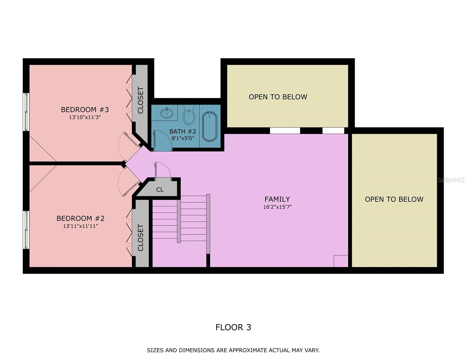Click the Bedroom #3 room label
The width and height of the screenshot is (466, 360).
tap(85, 109)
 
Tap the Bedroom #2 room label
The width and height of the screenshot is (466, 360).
tap(80, 218)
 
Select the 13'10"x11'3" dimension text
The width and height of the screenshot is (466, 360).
tap(85, 117)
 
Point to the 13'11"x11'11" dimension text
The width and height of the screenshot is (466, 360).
tap(80, 226)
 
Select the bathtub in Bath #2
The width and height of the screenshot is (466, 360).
tap(210, 126)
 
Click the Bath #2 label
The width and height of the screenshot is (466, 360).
tap(182, 131)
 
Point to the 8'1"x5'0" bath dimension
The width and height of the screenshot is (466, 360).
tap(183, 138)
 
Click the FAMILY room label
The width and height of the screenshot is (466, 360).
tap(277, 199)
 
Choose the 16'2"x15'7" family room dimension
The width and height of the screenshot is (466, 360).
tap(277, 207)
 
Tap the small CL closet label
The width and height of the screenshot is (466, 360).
tap(160, 190)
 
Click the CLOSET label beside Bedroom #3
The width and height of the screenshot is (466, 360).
tap(140, 100)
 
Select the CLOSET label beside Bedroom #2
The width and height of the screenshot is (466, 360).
tap(140, 237)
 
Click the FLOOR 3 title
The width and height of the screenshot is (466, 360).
tap(233, 327)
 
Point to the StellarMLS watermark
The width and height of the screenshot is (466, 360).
tap(451, 180)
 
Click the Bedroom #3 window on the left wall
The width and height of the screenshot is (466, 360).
tap(26, 112)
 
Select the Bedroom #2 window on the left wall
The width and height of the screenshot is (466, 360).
tap(26, 230)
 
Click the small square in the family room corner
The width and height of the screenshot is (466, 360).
tap(341, 261)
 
